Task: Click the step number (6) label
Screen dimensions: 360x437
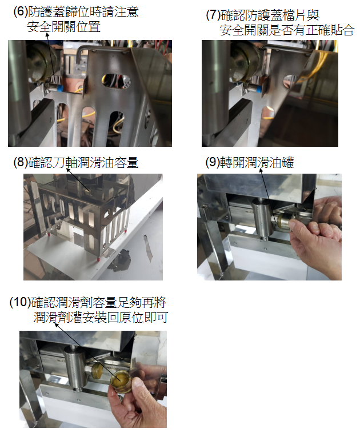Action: (21, 11)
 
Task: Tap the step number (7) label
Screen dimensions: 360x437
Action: (213, 15)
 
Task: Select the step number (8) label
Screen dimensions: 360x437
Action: (21, 162)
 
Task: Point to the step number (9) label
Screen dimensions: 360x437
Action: (213, 162)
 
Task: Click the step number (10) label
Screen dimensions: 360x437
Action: (20, 302)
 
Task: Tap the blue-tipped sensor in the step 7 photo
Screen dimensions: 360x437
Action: (252, 89)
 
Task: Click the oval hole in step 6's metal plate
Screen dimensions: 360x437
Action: (116, 81)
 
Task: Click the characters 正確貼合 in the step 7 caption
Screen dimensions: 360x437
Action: (330, 30)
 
